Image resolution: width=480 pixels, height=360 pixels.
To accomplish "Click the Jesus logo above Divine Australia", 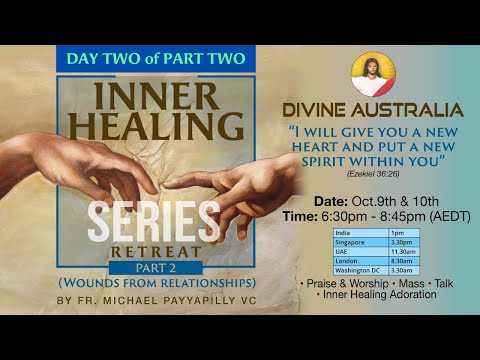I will [x=373, y=75].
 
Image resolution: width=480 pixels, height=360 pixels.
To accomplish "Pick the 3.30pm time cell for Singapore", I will [x=402, y=241].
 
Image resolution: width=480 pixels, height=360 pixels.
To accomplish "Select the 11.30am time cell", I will [x=402, y=250].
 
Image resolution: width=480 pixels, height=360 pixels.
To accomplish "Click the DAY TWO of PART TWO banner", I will [x=151, y=58].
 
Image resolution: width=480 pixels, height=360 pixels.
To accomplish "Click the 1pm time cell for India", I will [x=402, y=233].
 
